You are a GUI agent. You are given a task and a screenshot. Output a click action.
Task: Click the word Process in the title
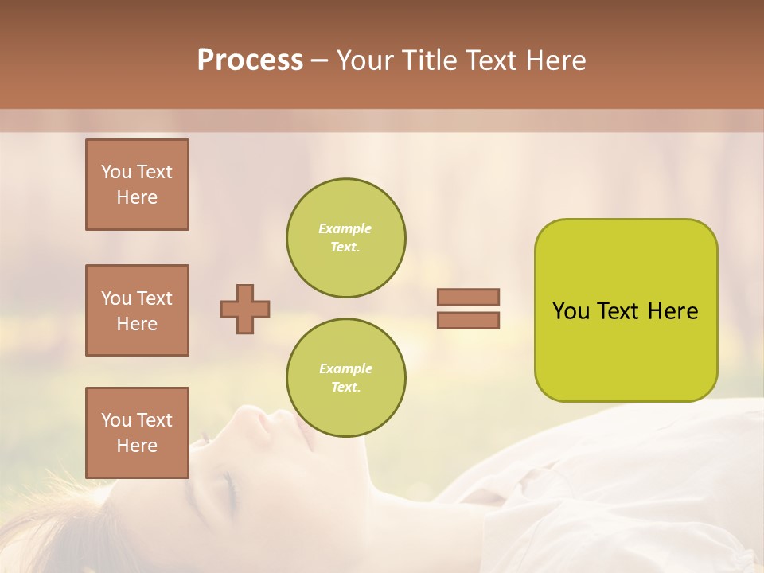pos(250,60)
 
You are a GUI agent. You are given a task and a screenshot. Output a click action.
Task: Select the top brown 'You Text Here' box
pos(137,185)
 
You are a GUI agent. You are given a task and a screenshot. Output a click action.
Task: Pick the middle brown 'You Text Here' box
pos(137,310)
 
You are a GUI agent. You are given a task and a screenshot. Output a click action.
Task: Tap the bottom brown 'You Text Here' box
pos(137,433)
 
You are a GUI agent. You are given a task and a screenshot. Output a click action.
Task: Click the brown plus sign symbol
pos(245,309)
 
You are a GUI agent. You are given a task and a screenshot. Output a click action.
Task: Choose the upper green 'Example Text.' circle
pos(345,238)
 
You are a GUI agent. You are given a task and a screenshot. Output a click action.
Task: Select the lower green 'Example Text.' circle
pos(345,378)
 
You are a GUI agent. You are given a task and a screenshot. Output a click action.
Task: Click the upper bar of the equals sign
pos(468,297)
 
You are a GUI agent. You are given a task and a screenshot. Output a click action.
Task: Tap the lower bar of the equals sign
pos(468,321)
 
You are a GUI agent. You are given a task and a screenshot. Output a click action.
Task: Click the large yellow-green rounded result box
pos(626,310)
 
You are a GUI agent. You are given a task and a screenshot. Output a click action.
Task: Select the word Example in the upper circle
pos(345,228)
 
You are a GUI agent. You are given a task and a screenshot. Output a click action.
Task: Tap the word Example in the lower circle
pos(345,368)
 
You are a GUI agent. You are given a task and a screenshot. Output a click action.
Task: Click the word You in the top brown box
pos(116,172)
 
